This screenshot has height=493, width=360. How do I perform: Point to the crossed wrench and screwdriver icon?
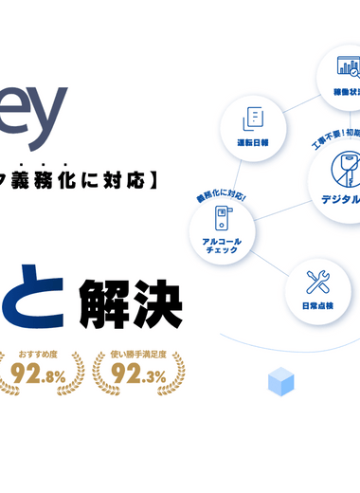point(315,282)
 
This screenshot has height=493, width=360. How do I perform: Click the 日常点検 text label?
point(315,307)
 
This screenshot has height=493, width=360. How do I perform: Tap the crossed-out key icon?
point(343,170)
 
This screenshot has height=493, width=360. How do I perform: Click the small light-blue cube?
point(280,382)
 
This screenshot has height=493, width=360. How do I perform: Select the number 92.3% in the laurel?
point(135,375)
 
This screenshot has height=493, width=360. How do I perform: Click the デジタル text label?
point(339,200)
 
